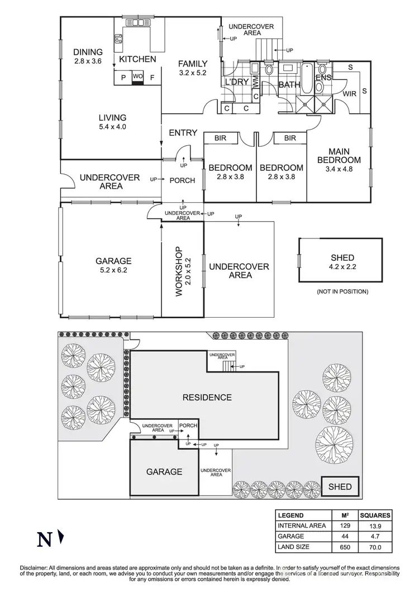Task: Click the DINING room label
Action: pyautogui.click(x=88, y=52)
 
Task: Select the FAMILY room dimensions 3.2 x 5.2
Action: pyautogui.click(x=193, y=73)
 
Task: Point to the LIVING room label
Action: pyautogui.click(x=113, y=117)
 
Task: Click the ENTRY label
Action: pyautogui.click(x=183, y=132)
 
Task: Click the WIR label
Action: pyautogui.click(x=350, y=93)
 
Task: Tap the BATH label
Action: pyautogui.click(x=289, y=85)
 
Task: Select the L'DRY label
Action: pyautogui.click(x=236, y=82)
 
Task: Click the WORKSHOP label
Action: pyautogui.click(x=179, y=271)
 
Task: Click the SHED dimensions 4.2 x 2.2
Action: pyautogui.click(x=342, y=267)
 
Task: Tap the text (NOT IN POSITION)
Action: pyautogui.click(x=342, y=291)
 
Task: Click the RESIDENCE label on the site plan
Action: pyautogui.click(x=207, y=398)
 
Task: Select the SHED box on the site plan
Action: pyautogui.click(x=340, y=486)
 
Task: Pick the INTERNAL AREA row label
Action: pyautogui.click(x=302, y=525)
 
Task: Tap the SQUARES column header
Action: pyautogui.click(x=375, y=515)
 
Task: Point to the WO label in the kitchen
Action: pyautogui.click(x=137, y=77)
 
